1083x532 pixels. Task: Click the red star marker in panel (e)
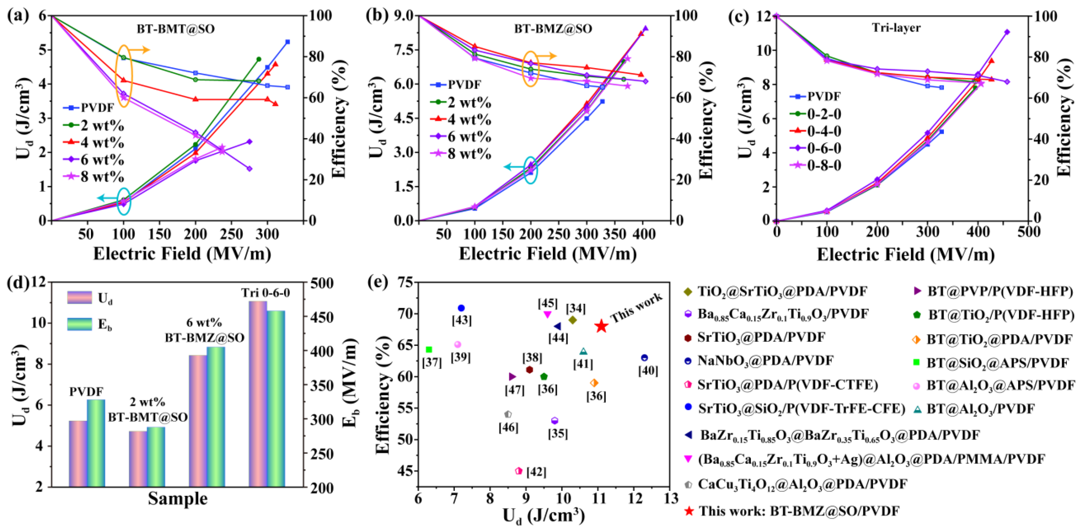602,326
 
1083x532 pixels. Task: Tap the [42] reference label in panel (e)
536,472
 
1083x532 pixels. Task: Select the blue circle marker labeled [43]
461,308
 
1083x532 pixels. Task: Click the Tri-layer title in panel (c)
896,28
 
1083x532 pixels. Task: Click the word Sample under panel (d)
177,499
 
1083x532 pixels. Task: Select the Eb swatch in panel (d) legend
80,324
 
